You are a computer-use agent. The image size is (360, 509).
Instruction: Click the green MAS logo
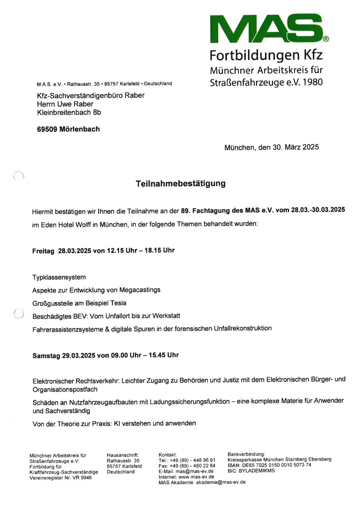coord(266,29)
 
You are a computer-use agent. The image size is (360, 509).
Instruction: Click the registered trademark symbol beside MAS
coord(326,39)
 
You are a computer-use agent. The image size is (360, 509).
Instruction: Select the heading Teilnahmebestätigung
coord(181,184)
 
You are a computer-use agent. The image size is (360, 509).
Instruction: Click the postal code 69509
coord(47,129)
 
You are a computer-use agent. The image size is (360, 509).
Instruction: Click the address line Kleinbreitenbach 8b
coord(69,113)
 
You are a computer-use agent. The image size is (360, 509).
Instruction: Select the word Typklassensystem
coord(59,277)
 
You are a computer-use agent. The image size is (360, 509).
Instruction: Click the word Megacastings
coord(140,290)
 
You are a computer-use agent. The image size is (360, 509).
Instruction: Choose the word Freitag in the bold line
coord(43,251)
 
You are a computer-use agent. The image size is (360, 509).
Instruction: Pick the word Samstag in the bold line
coord(46,356)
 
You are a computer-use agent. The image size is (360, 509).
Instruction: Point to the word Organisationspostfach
coord(65,390)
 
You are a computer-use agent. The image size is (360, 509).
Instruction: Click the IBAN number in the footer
coord(277,465)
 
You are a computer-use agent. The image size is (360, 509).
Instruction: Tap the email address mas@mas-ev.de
coord(195,471)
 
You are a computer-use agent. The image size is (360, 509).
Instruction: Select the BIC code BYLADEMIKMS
coord(257,471)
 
